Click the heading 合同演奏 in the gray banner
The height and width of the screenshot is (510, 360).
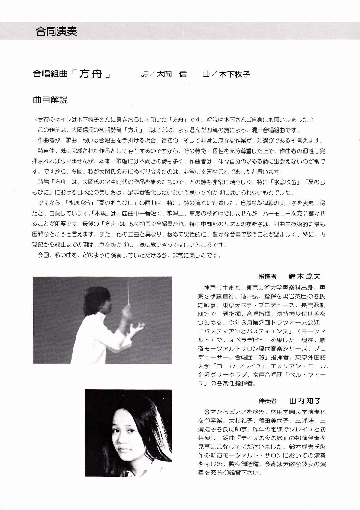pyautogui.click(x=56, y=31)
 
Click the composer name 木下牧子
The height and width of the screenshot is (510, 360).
pyautogui.click(x=235, y=74)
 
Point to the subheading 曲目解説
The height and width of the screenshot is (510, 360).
pyautogui.click(x=50, y=100)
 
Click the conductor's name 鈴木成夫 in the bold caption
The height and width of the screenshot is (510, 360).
pyautogui.click(x=304, y=276)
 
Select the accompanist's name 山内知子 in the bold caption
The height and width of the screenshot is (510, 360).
pyautogui.click(x=305, y=401)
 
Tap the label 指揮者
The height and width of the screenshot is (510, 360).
pyautogui.click(x=267, y=277)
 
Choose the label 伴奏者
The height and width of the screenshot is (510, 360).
pyautogui.click(x=267, y=401)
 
